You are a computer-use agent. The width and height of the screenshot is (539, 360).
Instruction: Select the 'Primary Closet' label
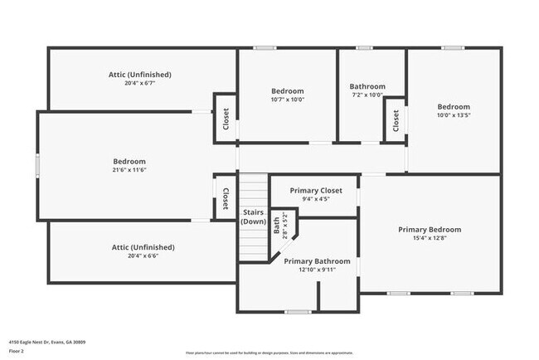pyautogui.click(x=315, y=191)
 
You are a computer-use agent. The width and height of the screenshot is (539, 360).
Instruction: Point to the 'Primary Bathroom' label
pyautogui.click(x=317, y=261)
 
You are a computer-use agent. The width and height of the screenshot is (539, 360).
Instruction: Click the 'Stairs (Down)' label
pyautogui.click(x=253, y=216)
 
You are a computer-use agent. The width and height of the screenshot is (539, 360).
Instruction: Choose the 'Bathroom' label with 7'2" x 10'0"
pyautogui.click(x=367, y=86)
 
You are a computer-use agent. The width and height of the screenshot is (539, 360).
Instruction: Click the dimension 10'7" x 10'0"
pyautogui.click(x=287, y=100)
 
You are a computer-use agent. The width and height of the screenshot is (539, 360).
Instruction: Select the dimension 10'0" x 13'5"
pyautogui.click(x=454, y=116)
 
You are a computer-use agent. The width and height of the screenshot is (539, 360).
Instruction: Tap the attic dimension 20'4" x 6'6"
pyautogui.click(x=143, y=256)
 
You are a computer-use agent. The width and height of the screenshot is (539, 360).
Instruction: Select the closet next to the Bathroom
pyautogui.click(x=396, y=121)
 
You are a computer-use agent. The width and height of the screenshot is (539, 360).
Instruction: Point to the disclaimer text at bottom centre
pyautogui.click(x=269, y=352)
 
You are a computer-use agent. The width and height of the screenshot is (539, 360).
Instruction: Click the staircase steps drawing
pyautogui.click(x=254, y=241)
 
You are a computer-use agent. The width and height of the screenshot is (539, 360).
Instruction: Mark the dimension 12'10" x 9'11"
pyautogui.click(x=317, y=270)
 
